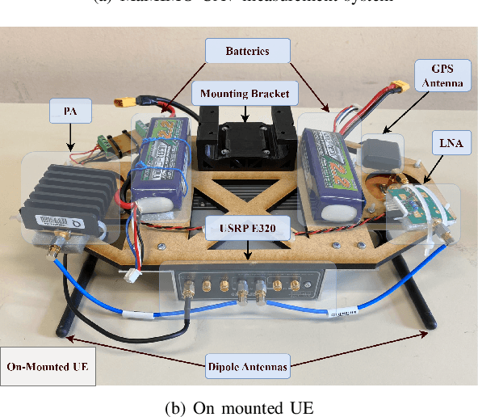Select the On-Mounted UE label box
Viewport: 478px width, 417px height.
(48, 366)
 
